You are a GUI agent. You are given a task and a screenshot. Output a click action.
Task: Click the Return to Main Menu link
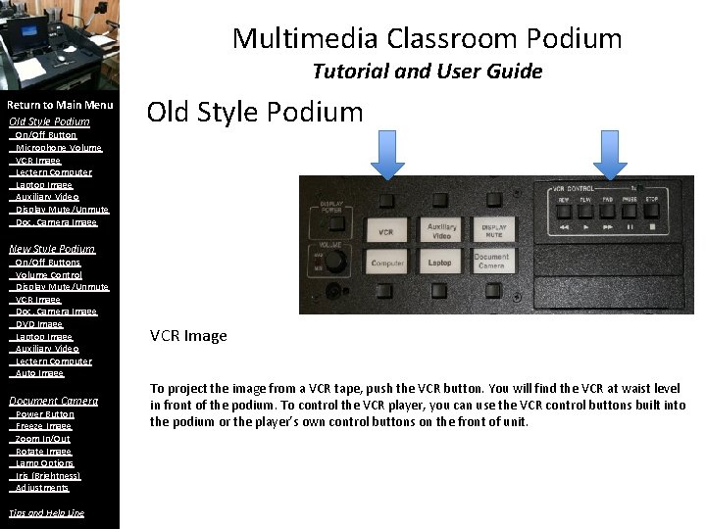tap(60, 105)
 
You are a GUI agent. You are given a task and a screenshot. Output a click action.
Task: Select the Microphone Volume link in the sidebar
tap(58, 148)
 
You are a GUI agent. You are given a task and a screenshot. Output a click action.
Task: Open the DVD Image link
tap(39, 324)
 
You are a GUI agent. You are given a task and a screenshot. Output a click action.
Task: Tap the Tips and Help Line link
tap(46, 513)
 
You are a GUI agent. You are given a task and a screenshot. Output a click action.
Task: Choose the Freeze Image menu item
tap(43, 427)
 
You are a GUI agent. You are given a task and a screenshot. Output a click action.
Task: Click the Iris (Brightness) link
tap(48, 476)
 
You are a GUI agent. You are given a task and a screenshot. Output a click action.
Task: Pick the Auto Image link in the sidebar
tap(39, 373)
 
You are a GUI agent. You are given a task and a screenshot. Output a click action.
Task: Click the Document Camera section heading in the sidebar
tap(53, 401)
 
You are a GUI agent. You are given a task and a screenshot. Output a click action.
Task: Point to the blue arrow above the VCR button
tap(388, 157)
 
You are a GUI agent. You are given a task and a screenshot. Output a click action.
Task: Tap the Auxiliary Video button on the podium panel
tap(441, 231)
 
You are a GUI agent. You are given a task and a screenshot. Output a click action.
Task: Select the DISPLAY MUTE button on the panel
tap(493, 231)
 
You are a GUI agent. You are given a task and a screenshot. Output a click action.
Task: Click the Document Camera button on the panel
tap(492, 263)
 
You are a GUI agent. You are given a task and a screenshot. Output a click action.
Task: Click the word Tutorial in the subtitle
tap(344, 72)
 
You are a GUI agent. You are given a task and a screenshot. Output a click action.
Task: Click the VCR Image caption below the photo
tap(188, 336)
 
